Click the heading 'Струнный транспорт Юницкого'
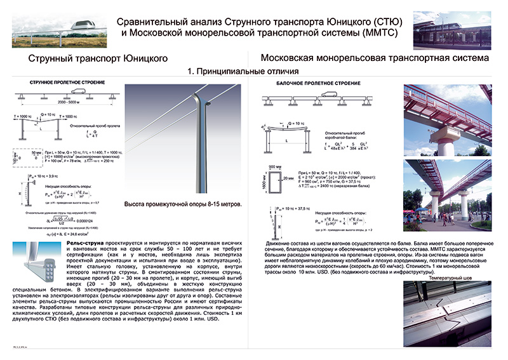[x=98, y=58]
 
